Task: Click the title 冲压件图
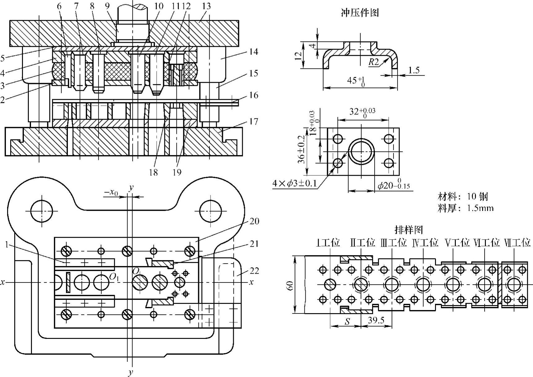pyautogui.click(x=360, y=13)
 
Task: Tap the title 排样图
pyautogui.click(x=409, y=230)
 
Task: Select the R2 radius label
pyautogui.click(x=374, y=62)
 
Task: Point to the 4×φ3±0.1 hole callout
pyautogui.click(x=295, y=184)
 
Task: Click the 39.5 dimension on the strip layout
pyautogui.click(x=376, y=320)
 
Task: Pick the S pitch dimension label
pyautogui.click(x=347, y=322)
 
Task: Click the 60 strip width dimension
pyautogui.click(x=290, y=285)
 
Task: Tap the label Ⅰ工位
pyautogui.click(x=328, y=242)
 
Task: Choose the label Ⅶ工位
pyautogui.click(x=517, y=242)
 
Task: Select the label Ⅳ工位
pyautogui.click(x=425, y=242)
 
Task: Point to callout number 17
pyautogui.click(x=253, y=121)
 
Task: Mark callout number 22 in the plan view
pyautogui.click(x=254, y=271)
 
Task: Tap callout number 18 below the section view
pyautogui.click(x=153, y=172)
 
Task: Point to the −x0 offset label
pyautogui.click(x=111, y=193)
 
